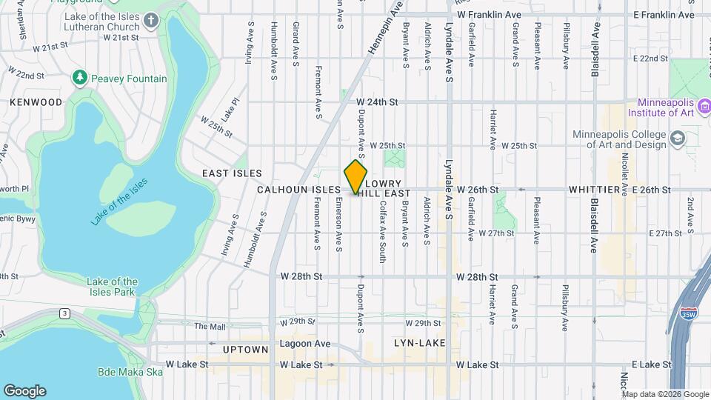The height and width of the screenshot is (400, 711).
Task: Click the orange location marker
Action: point(355,178)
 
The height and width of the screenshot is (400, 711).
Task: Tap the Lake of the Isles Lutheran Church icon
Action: point(151,19)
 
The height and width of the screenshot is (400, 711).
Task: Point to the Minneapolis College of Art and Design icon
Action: point(677,139)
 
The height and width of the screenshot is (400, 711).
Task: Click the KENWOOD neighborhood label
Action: point(36,102)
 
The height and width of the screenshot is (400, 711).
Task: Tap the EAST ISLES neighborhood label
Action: point(232,173)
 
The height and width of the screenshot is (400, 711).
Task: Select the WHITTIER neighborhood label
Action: point(594,190)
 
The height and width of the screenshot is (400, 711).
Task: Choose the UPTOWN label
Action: point(245,350)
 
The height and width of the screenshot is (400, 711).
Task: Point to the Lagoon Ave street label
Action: point(305,344)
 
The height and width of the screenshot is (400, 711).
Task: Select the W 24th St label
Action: point(377,101)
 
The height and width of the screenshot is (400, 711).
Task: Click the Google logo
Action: point(24,391)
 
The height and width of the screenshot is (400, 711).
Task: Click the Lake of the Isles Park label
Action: point(112,287)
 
